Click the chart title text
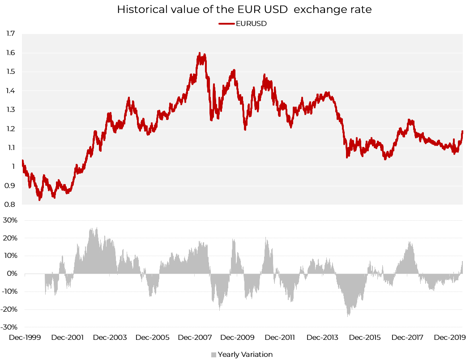(x=244, y=9)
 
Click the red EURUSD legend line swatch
(x=226, y=24)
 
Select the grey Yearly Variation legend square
(x=214, y=355)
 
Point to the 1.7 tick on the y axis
(x=10, y=33)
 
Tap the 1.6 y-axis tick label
(x=10, y=52)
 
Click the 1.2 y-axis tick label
(x=10, y=129)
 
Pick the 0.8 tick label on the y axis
(x=10, y=205)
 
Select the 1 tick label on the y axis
(x=13, y=167)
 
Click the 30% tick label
(x=10, y=220)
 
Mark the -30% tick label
(x=9, y=327)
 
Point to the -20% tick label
(x=9, y=309)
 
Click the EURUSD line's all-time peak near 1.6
(x=199, y=53)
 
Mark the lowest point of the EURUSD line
(x=39, y=200)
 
